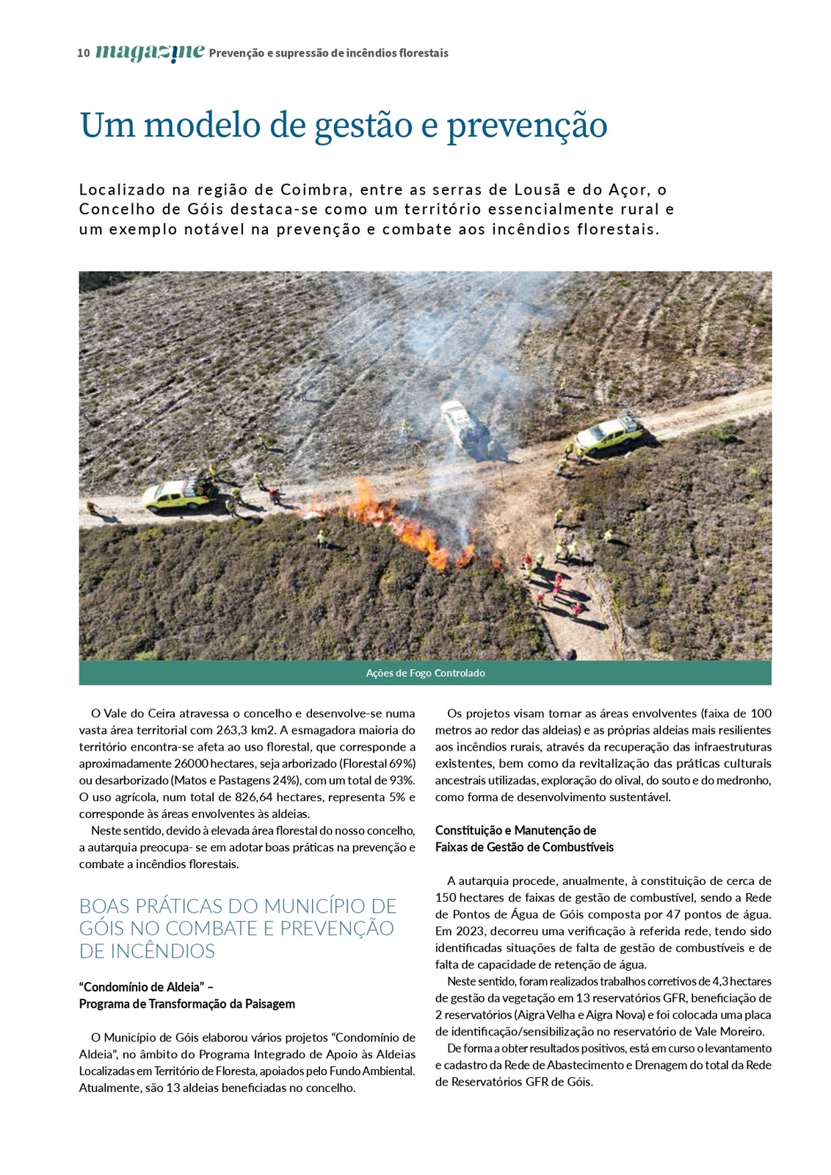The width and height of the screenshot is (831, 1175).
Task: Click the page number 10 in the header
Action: [83, 53]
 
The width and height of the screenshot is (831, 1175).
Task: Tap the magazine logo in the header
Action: [150, 52]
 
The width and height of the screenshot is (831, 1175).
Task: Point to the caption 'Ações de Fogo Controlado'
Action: [425, 673]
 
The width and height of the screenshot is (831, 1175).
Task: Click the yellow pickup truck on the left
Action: [175, 496]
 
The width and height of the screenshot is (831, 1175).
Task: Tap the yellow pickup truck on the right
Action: [606, 435]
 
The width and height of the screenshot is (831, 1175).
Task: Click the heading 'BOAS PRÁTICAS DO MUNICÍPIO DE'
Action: [238, 906]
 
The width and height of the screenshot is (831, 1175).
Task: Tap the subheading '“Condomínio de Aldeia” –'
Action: [146, 987]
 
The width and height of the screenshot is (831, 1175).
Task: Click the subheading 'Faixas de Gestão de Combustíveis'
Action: [524, 847]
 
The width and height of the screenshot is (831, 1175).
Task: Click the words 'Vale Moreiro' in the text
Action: [730, 1031]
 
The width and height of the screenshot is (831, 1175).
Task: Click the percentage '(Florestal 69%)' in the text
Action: [377, 763]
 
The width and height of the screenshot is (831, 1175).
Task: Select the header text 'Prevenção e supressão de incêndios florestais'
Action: [328, 53]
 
